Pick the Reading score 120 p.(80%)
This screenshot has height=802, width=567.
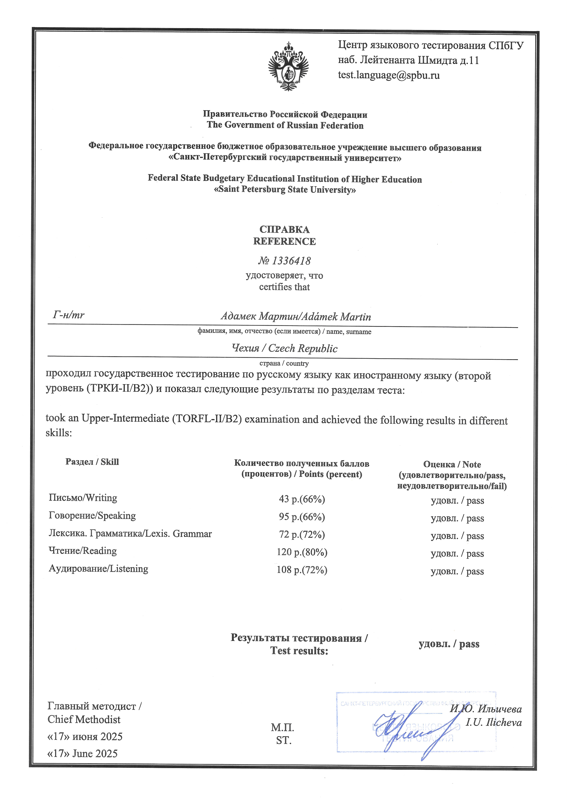[x=302, y=552]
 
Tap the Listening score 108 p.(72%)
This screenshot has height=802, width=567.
[x=302, y=570]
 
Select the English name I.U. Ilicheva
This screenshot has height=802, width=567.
[x=493, y=723]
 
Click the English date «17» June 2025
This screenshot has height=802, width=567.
[x=82, y=753]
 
